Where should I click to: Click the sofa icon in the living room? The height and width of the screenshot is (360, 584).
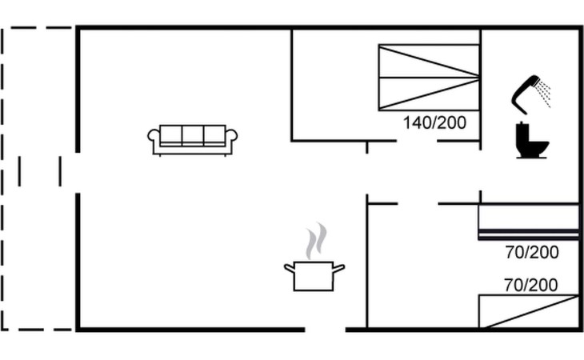(193, 140)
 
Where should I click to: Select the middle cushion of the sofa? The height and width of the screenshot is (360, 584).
(193, 134)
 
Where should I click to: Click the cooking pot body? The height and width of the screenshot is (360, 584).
(314, 276)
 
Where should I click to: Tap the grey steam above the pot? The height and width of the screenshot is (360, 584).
(316, 241)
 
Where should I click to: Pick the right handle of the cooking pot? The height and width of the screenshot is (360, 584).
(338, 268)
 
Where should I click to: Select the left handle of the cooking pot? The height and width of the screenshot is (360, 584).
(290, 268)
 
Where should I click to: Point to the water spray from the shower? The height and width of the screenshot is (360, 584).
(544, 94)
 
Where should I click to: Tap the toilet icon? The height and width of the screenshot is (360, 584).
(531, 141)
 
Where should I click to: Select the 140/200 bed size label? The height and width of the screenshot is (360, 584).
(434, 123)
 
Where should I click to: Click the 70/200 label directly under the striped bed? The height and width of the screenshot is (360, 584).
(532, 253)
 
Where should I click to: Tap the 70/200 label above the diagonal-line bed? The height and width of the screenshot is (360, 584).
(531, 285)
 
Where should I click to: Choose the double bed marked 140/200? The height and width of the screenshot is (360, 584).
(429, 78)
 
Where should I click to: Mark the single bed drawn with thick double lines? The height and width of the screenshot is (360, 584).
(529, 222)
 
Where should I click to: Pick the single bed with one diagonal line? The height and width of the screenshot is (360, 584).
(529, 311)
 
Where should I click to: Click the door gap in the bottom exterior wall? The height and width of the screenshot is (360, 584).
(325, 330)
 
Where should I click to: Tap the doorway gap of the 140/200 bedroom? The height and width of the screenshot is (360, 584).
(417, 141)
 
